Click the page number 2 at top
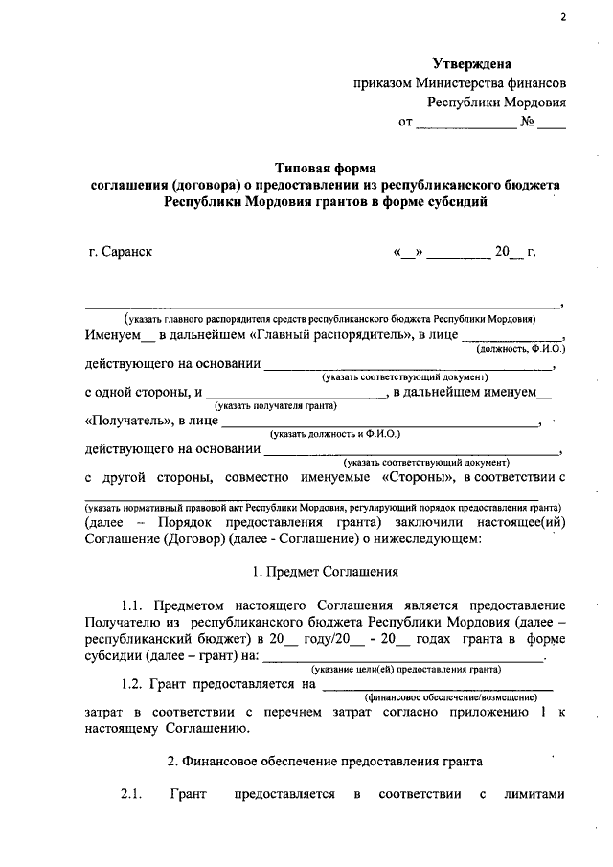coord(564,17)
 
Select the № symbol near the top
coord(527,123)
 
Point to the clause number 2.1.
coord(131,795)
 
